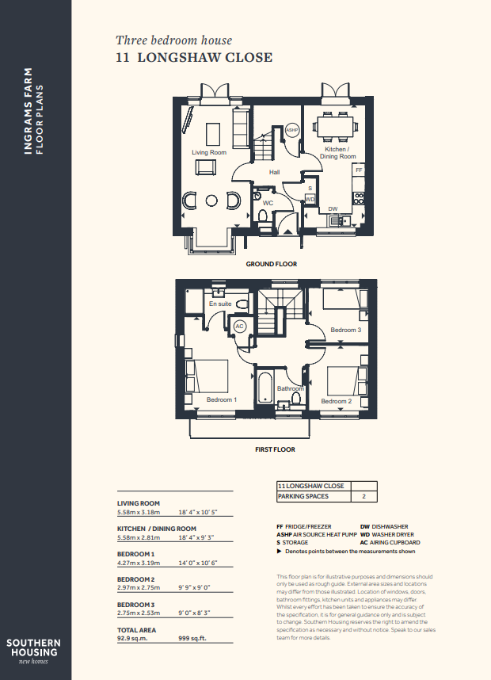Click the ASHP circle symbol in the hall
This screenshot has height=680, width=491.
pos(292,130)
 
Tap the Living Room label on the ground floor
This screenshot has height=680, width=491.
pos(209,152)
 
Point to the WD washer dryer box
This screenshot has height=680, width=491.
pos(310,200)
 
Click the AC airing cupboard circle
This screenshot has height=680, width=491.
pos(239,327)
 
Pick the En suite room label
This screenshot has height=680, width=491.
pos(220,304)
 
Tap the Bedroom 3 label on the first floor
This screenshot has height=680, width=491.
pos(346,330)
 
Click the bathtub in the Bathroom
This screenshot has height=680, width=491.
pos(265,387)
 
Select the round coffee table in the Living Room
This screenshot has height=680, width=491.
pos(211,201)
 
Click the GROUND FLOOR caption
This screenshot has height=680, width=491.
pos(272,264)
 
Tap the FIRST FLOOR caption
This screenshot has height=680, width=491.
pos(275,449)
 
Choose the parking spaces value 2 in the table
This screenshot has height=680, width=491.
pos(363,496)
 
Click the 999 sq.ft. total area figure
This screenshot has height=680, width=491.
pos(192,638)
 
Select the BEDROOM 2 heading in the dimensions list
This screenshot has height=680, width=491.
pos(135,579)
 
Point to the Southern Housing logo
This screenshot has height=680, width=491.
pos(33,651)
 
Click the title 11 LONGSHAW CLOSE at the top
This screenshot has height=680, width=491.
pos(194,57)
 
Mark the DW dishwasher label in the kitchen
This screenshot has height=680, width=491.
pos(333,209)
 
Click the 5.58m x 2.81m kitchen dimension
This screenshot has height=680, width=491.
pos(139,538)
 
